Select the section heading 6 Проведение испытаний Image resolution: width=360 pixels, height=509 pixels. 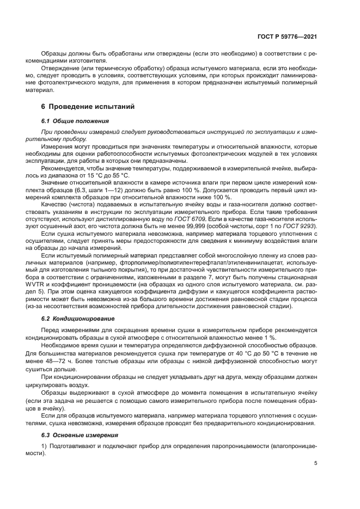88,107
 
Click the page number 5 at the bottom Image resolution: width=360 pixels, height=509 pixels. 315,464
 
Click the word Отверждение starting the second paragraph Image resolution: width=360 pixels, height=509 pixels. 59,69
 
